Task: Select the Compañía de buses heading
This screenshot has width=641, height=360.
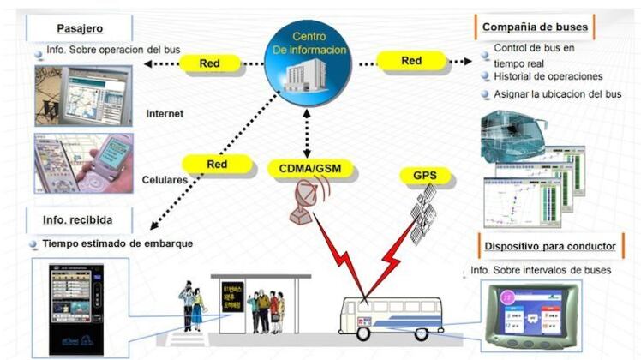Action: pyautogui.click(x=535, y=27)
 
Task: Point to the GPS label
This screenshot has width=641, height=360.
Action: pyautogui.click(x=425, y=177)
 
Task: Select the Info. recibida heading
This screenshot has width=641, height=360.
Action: pyautogui.click(x=78, y=220)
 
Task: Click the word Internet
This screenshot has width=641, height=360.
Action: pyautogui.click(x=165, y=112)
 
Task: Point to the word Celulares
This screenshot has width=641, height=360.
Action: pyautogui.click(x=166, y=180)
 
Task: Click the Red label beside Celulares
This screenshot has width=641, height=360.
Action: pyautogui.click(x=216, y=164)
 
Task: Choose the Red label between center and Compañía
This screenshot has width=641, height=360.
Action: pyautogui.click(x=411, y=61)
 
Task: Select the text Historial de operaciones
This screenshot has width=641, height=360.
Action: pyautogui.click(x=548, y=76)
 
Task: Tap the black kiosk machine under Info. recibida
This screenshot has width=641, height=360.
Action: pyautogui.click(x=76, y=309)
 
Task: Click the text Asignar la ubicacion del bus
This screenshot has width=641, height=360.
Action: pyautogui.click(x=557, y=94)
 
